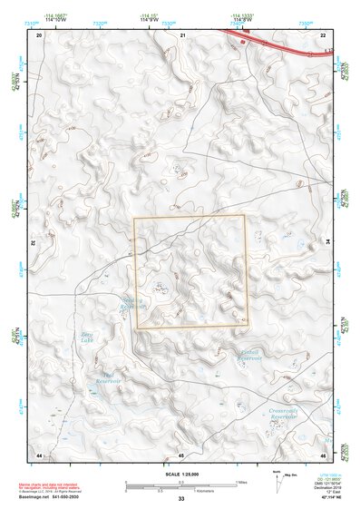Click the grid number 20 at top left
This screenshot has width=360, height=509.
pos(39,34)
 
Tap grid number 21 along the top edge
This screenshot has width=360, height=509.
pos(181,34)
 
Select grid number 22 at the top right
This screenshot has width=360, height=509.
pos(323,34)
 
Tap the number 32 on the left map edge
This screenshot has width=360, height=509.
pos(34,243)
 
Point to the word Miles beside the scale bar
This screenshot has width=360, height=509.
pos(241,481)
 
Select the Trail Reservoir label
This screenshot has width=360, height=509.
pos(110,377)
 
